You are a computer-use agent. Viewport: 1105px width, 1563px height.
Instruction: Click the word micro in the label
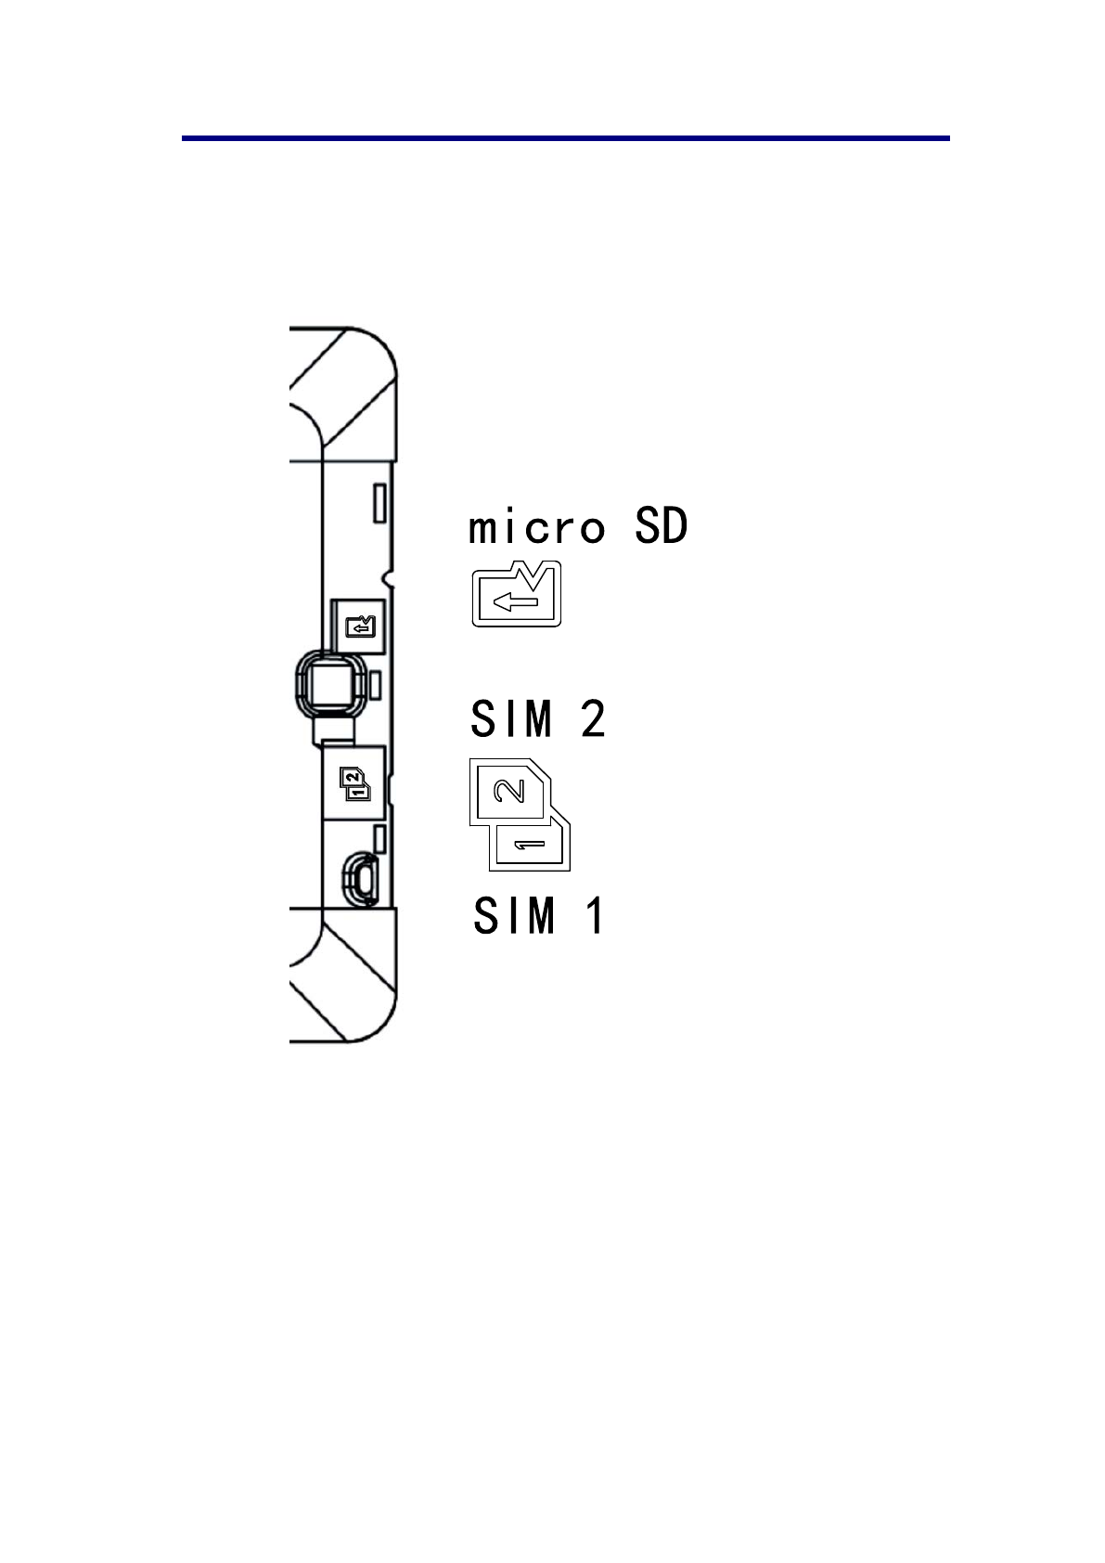coord(536,527)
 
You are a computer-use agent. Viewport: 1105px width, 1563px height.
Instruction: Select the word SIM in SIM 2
coord(512,718)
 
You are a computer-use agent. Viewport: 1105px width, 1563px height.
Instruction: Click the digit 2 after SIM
coord(593,718)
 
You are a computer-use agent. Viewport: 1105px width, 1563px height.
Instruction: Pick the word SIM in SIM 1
coord(515,915)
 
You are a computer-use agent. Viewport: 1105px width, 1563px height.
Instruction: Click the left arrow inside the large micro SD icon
coord(516,601)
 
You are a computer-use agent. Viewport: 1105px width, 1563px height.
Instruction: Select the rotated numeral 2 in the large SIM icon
coord(509,791)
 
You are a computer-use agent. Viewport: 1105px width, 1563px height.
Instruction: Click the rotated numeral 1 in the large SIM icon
coord(529,846)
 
